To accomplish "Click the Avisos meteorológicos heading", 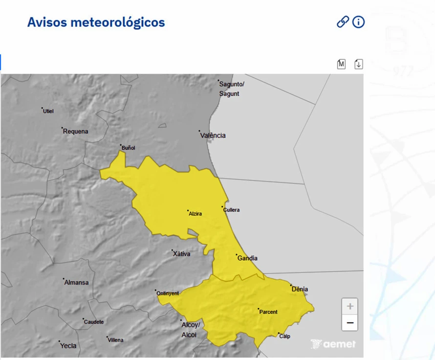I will point(96,22).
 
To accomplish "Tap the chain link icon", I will point(343,22).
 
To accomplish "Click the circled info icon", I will point(359,22).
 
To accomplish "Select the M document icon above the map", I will point(341,64).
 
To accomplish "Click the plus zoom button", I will point(350,307).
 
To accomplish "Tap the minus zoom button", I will point(350,323).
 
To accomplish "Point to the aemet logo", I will point(333,344).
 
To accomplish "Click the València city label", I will point(213,135).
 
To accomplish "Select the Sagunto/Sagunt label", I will point(231,89).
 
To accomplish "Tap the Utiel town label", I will point(48,111).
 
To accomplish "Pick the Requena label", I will point(76,131).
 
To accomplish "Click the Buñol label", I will point(128,148).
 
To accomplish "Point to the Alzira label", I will point(195,214).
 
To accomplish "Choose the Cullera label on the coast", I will point(231,210).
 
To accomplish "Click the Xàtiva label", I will point(181,254).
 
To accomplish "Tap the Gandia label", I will point(247,258).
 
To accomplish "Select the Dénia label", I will point(300,289).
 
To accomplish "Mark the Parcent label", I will point(268,312).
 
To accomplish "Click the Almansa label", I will point(77,282).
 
